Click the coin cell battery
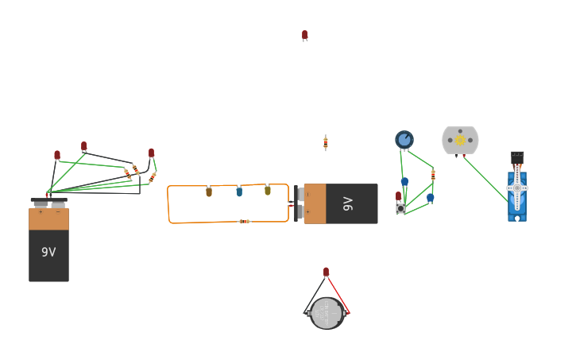[x=327, y=313]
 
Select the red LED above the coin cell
[x=326, y=272]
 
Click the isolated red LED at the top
[x=304, y=35]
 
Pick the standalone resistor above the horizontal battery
[x=325, y=142]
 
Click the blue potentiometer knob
[x=404, y=140]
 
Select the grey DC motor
[x=460, y=140]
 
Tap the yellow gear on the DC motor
[x=460, y=140]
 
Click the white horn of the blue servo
[x=517, y=188]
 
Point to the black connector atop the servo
[x=517, y=156]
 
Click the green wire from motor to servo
[x=485, y=178]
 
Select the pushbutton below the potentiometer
[x=400, y=208]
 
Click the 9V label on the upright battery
[x=48, y=252]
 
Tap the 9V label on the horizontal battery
[x=347, y=203]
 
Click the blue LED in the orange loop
[x=239, y=191]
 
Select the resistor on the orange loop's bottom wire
[x=245, y=221]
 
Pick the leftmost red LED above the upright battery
[x=57, y=155]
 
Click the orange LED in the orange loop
[x=209, y=192]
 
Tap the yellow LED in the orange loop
[x=268, y=190]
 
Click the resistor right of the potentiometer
[x=433, y=174]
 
